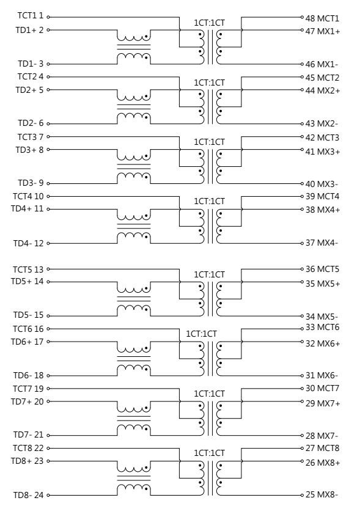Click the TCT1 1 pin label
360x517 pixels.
click(x=31, y=15)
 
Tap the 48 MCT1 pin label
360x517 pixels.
click(x=322, y=18)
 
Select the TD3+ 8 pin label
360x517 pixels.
click(x=29, y=150)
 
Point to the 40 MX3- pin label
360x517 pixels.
click(x=321, y=184)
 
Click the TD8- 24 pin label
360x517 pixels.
click(x=28, y=495)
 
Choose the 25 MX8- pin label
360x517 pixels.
click(x=321, y=494)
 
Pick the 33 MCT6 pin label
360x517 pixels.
click(x=322, y=327)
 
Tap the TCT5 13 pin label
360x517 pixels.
click(x=28, y=269)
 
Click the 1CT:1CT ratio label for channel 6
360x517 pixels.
click(x=201, y=334)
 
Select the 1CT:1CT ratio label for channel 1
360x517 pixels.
click(x=209, y=23)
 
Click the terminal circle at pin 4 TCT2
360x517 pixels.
click(x=48, y=77)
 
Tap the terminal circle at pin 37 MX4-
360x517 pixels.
click(x=302, y=243)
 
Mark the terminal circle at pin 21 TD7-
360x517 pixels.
click(x=48, y=435)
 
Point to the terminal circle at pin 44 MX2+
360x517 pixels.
click(x=302, y=90)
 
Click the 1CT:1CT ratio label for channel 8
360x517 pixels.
click(x=209, y=453)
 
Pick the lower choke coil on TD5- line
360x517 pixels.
click(x=133, y=310)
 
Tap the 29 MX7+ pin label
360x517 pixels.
click(x=323, y=403)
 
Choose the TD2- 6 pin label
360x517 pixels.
click(x=31, y=123)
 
